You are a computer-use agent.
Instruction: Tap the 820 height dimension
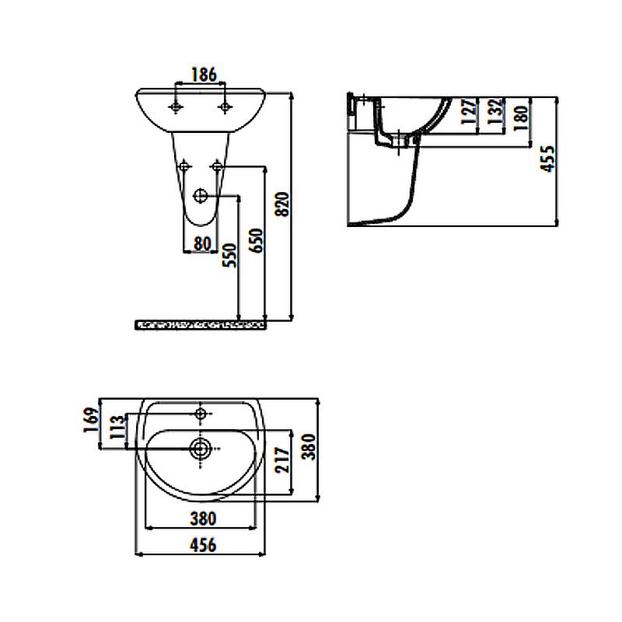pyautogui.click(x=283, y=204)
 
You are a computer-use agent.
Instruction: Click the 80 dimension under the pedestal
pyautogui.click(x=202, y=243)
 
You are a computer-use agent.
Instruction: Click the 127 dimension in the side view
pyautogui.click(x=467, y=114)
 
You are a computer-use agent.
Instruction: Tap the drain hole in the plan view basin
pyautogui.click(x=200, y=447)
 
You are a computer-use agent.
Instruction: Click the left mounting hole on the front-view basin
pyautogui.click(x=179, y=107)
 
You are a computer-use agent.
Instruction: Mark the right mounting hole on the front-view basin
pyautogui.click(x=225, y=107)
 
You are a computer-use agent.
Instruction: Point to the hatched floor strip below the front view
pyautogui.click(x=201, y=323)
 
